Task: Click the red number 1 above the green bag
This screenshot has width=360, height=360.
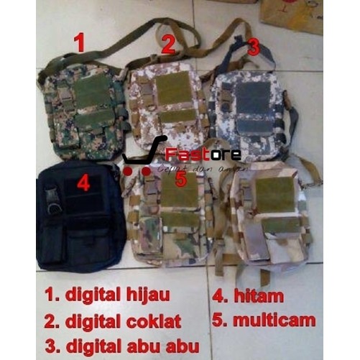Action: point(80,42)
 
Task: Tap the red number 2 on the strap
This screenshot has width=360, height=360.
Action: point(168,45)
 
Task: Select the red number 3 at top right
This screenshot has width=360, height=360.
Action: point(253,47)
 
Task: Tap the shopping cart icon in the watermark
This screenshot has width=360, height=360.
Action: point(142,155)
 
